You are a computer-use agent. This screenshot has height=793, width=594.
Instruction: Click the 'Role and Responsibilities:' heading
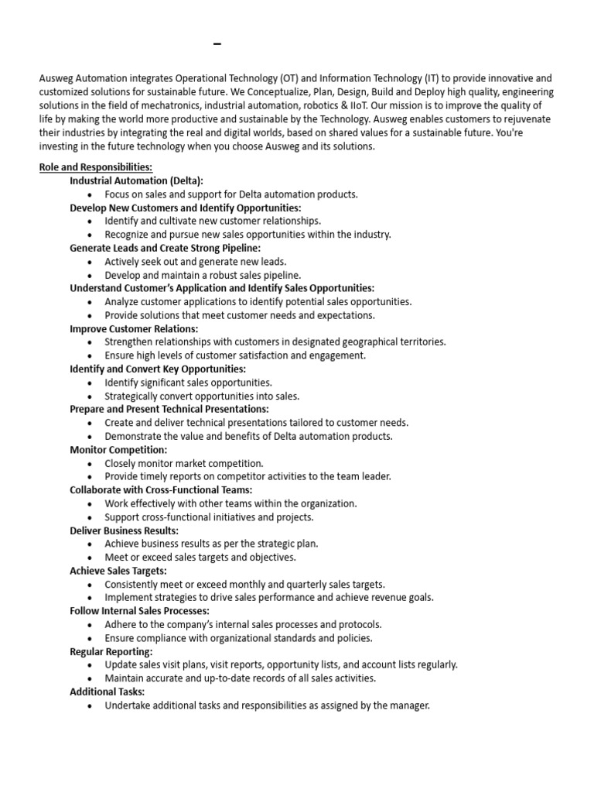click(96, 167)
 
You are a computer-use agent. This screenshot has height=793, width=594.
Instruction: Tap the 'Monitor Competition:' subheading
click(118, 450)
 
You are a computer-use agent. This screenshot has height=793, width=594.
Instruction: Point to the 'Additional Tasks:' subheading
click(108, 692)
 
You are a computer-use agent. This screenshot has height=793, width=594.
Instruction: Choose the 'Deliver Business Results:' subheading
click(125, 530)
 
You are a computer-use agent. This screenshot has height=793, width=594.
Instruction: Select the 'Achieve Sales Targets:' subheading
click(118, 571)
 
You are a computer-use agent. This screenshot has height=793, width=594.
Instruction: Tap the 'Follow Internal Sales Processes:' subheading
click(140, 611)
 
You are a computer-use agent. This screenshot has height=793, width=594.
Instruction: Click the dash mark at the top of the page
click(217, 45)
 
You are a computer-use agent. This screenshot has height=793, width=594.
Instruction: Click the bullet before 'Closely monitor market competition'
click(90, 464)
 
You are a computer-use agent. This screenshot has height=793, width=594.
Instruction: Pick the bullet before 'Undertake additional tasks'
click(90, 706)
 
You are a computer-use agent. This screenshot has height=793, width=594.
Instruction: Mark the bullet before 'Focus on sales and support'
click(90, 195)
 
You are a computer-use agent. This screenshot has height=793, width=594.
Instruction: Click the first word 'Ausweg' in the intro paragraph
click(56, 78)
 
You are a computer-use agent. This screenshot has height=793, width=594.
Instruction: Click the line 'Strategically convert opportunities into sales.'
click(202, 396)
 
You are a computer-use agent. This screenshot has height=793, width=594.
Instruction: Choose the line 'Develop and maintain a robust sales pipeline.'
click(203, 275)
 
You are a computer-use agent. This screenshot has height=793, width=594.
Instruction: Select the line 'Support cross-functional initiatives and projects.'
click(209, 517)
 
